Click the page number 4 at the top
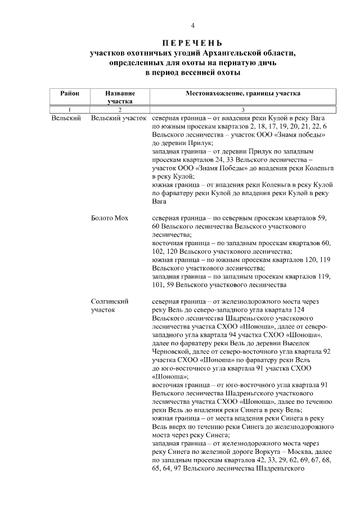pyautogui.click(x=192, y=26)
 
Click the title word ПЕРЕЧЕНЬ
pyautogui.click(x=192, y=43)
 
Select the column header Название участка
pyautogui.click(x=120, y=97)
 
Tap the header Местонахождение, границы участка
pyautogui.click(x=243, y=93)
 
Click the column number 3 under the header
pyautogui.click(x=243, y=110)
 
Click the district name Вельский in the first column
pyautogui.click(x=66, y=119)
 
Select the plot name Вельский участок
pyautogui.click(x=119, y=119)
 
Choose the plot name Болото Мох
pyautogui.click(x=109, y=218)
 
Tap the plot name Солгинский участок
pyautogui.click(x=110, y=305)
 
